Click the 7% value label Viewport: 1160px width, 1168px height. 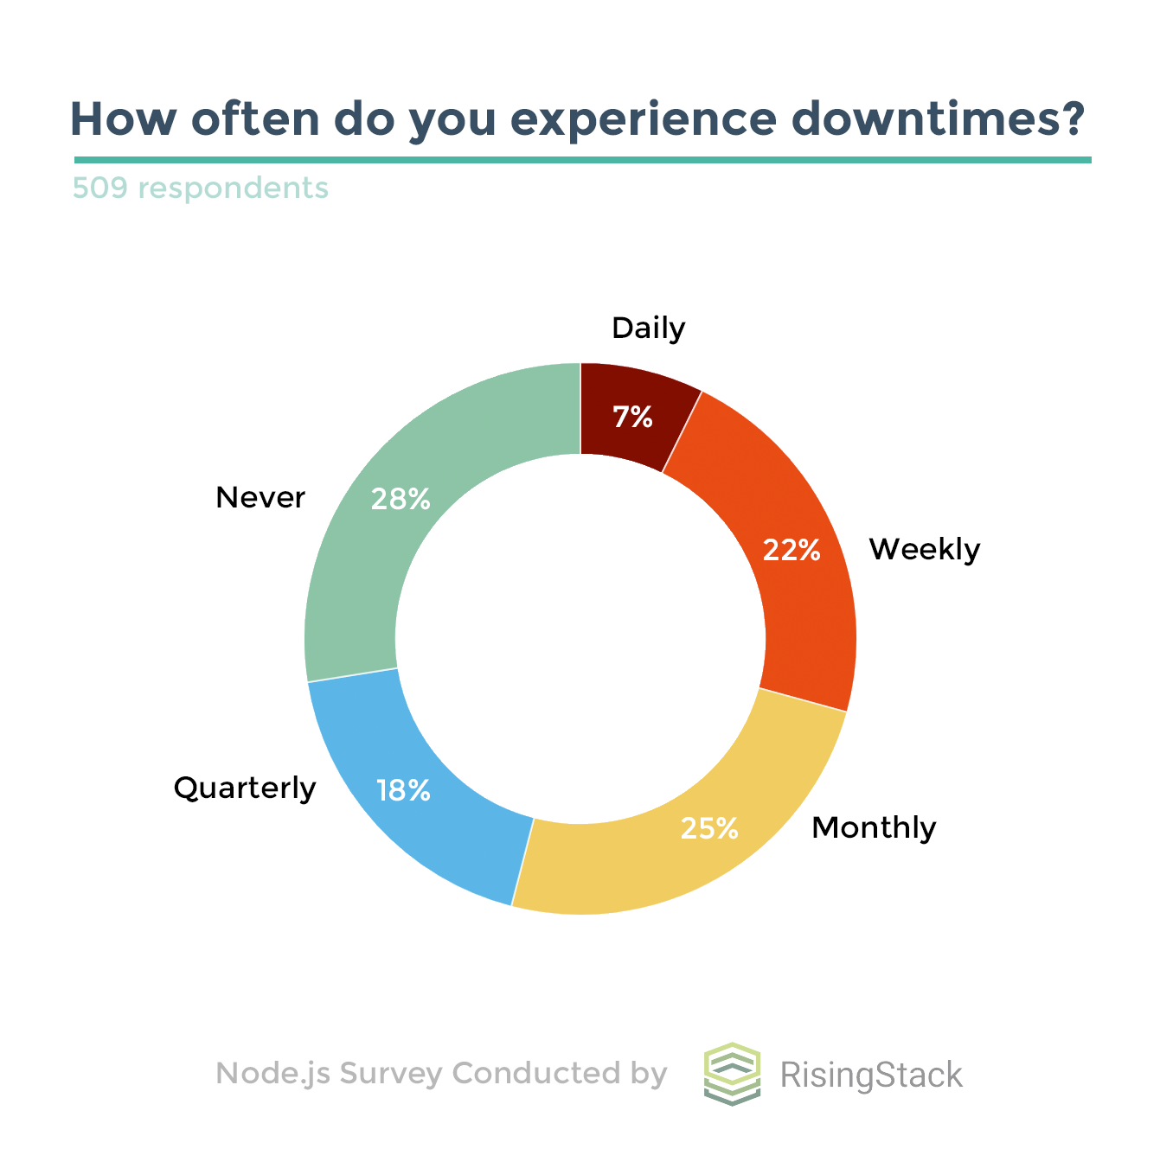click(x=632, y=418)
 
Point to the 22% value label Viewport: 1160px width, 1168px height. click(x=791, y=550)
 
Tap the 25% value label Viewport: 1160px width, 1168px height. click(x=709, y=828)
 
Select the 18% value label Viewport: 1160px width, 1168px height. click(x=403, y=789)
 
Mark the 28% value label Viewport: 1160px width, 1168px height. click(x=401, y=499)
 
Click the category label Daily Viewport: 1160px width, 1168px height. click(x=648, y=329)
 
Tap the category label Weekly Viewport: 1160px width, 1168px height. click(x=925, y=549)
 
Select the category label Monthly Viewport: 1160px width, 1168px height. click(x=874, y=827)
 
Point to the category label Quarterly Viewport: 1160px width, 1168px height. click(x=245, y=788)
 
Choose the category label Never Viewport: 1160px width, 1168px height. click(x=260, y=497)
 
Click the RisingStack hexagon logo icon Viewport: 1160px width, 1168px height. click(x=732, y=1073)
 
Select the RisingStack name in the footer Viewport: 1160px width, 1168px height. click(x=871, y=1075)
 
